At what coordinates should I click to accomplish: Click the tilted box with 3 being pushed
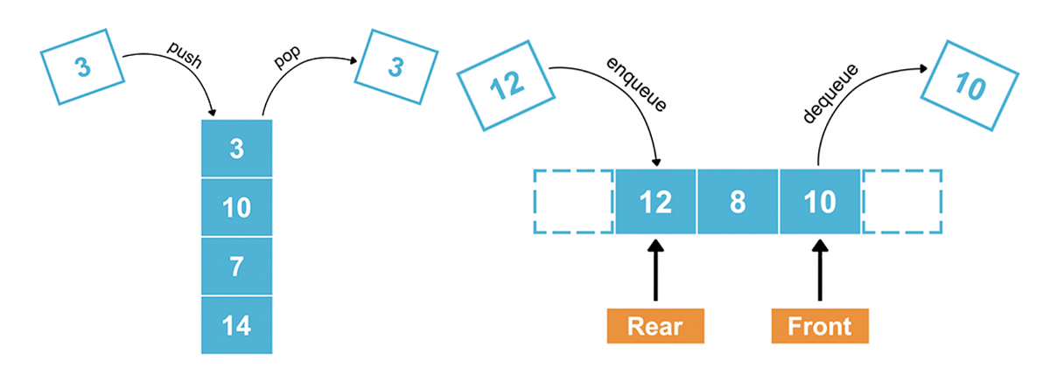[83, 66]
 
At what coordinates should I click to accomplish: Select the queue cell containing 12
[655, 202]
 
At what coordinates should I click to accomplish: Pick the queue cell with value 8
[737, 202]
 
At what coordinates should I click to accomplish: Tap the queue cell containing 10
[818, 202]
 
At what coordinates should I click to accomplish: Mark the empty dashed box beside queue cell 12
[573, 202]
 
